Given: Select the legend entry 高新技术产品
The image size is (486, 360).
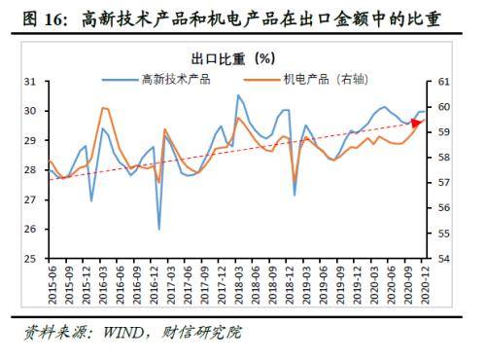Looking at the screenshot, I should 176,78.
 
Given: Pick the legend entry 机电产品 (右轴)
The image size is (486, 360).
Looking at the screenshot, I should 324,78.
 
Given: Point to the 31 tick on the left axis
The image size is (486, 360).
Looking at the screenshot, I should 30,82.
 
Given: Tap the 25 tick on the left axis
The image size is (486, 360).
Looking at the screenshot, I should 30,260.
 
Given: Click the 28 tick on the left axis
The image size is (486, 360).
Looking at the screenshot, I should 30,170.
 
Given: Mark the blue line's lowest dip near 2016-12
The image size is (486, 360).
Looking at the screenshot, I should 159,230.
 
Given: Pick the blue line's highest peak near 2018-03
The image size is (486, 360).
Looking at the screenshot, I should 238,95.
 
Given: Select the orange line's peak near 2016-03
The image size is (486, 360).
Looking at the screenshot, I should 103,107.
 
